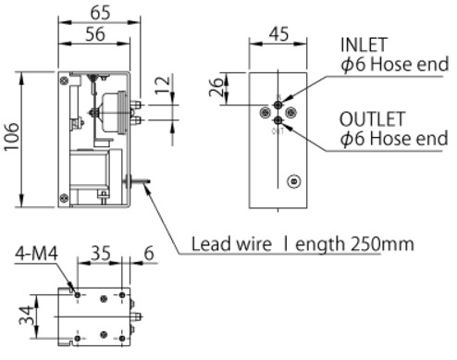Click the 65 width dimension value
100,13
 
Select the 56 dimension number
95,34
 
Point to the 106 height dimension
12,137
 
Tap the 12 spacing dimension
163,84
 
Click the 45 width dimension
278,34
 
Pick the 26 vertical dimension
216,87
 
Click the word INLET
364,45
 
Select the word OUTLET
372,119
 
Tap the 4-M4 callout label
36,254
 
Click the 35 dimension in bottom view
101,253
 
